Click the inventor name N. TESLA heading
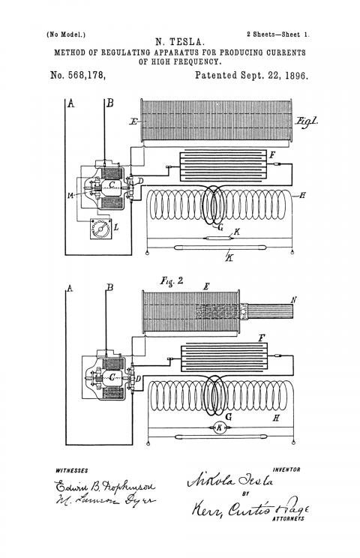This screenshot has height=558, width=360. point(180,42)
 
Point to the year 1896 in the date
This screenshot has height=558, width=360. point(296,76)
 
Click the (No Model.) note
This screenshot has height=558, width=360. point(66,34)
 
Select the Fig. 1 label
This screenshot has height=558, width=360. point(307,121)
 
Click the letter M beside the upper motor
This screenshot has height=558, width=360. point(71,195)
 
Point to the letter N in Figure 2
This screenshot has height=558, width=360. point(293,300)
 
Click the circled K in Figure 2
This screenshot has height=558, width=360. point(220,427)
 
